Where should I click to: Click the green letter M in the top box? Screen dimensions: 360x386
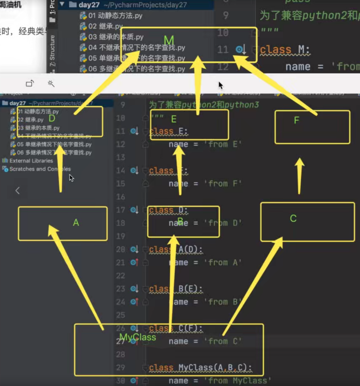169,41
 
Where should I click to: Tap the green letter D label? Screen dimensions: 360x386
52,119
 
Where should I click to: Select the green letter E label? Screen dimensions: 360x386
174,119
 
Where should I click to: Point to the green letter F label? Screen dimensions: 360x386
296,120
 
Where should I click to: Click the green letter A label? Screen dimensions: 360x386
76,223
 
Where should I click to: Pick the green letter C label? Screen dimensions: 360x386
293,218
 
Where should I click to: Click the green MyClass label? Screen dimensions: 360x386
138,337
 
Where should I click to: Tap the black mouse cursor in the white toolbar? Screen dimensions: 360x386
220,85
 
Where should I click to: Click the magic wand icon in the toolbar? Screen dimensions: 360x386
51,83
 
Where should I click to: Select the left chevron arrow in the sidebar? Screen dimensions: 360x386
18,190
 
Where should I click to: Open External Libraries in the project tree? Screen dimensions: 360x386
31,161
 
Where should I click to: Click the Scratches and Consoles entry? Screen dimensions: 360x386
40,169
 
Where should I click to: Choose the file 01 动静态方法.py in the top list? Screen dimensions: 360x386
115,15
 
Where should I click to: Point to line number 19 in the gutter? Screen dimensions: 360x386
121,236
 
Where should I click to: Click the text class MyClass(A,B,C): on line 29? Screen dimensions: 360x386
200,368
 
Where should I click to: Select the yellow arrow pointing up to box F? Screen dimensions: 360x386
299,176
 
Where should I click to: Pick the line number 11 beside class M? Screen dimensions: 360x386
223,49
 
